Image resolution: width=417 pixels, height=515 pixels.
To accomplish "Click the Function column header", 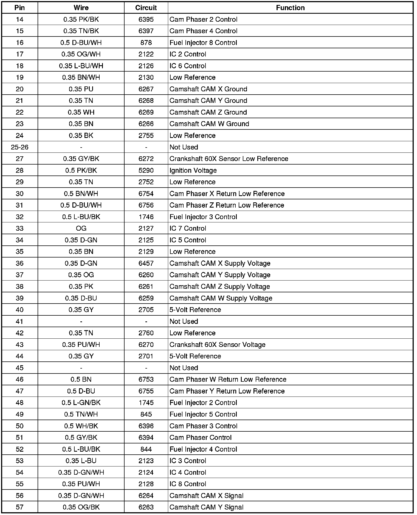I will coord(290,8).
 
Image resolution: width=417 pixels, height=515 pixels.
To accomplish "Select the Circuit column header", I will coord(146,8).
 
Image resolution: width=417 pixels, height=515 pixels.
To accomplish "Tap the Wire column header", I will coord(81,8).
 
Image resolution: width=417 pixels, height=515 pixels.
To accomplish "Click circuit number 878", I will coord(146,43).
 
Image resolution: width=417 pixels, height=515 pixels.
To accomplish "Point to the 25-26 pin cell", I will coord(19,147).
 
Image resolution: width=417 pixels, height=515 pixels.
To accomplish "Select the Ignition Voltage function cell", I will coord(193,171).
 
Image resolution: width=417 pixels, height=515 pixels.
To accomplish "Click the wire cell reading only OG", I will coord(81,228).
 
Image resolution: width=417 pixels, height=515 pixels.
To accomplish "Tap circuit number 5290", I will coord(146,171).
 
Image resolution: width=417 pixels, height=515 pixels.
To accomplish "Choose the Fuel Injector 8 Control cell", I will coord(203,43).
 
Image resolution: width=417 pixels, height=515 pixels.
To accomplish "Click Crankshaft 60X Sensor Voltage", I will coord(218,345).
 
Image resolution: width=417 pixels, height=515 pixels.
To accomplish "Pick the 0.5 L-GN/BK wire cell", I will coord(81,403).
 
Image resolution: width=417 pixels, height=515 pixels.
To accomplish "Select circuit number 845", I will coord(146,414).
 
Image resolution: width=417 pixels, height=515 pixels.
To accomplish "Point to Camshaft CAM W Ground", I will coord(209,124).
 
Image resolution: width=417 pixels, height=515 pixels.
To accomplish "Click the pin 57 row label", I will coord(19,507).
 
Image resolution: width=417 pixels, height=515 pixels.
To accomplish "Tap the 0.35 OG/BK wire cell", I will coord(81,507).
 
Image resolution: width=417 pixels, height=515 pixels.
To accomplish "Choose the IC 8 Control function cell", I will coord(188,484).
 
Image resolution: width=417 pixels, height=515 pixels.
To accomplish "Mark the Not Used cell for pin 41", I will coord(184,321).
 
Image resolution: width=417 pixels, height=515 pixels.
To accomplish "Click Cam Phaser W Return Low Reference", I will coord(228,380).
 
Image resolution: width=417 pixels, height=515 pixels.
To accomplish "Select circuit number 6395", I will coord(146,19).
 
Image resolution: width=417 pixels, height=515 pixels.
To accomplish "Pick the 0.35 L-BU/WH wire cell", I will coord(81,66).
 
